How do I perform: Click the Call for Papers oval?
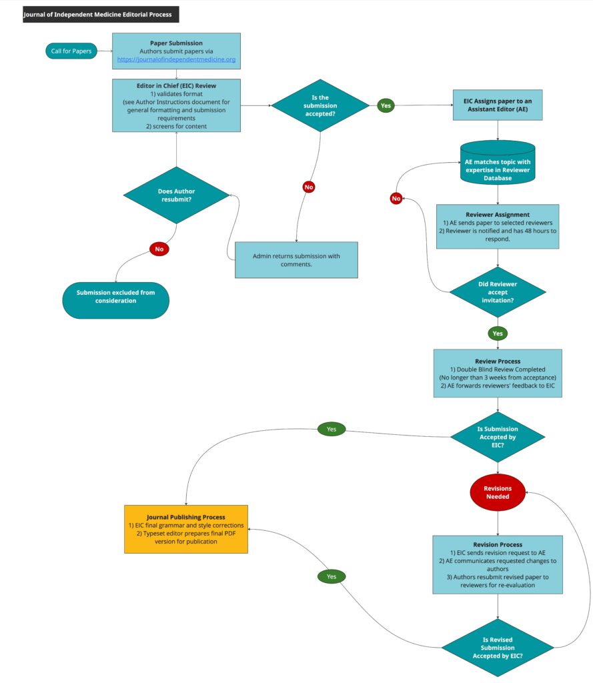click(x=71, y=51)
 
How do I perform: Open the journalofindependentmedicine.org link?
click(x=176, y=60)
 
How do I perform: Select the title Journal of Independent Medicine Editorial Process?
click(x=101, y=14)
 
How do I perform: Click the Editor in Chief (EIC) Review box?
click(x=176, y=105)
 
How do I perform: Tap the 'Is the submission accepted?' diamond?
click(x=320, y=105)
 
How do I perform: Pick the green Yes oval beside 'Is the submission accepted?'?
click(x=386, y=105)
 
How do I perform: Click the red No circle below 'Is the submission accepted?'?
click(x=308, y=187)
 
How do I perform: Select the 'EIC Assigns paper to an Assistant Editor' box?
click(x=498, y=105)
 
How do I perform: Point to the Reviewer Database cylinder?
click(x=498, y=163)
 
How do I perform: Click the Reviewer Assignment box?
click(x=498, y=226)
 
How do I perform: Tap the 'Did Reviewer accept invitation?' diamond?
click(x=498, y=291)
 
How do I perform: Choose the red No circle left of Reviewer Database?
click(x=397, y=198)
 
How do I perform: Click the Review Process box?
click(x=498, y=373)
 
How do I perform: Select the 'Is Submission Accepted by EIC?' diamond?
click(x=498, y=438)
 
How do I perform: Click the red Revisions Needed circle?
click(x=498, y=492)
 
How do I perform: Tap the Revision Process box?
click(x=498, y=564)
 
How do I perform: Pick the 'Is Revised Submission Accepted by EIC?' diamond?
click(x=498, y=647)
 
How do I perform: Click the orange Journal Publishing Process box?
click(x=186, y=529)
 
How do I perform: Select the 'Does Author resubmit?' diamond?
click(x=176, y=195)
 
